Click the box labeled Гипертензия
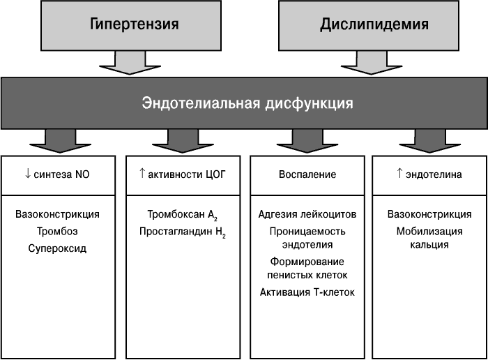coord(131,25)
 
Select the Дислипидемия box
coord(369,25)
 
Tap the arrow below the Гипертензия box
coord(130,63)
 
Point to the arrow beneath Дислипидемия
coord(372,63)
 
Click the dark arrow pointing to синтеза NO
coord(61,141)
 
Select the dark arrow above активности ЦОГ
coord(183,141)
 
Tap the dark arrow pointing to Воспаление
coord(307,141)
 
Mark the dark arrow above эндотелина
coord(430,141)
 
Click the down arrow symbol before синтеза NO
coord(28,174)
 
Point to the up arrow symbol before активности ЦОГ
coord(142,173)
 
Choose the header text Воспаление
coord(307,174)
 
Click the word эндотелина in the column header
coord(434,174)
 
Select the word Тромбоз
coord(57,232)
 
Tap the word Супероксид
coord(57,248)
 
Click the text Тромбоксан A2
coord(183,215)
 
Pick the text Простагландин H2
coord(183,232)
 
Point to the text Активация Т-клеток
coord(307,292)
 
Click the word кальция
coord(429,245)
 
